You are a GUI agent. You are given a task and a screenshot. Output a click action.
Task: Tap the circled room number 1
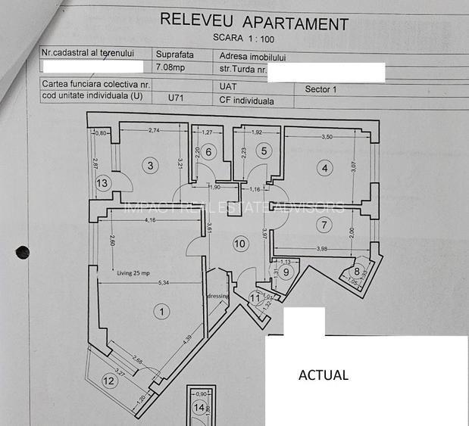(159, 310)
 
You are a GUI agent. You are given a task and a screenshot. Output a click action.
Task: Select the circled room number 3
(151, 165)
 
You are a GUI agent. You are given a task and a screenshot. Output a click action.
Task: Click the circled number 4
(324, 168)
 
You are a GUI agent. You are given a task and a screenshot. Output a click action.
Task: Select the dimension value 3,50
(327, 137)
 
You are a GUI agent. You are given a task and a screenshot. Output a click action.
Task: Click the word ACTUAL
(323, 375)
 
